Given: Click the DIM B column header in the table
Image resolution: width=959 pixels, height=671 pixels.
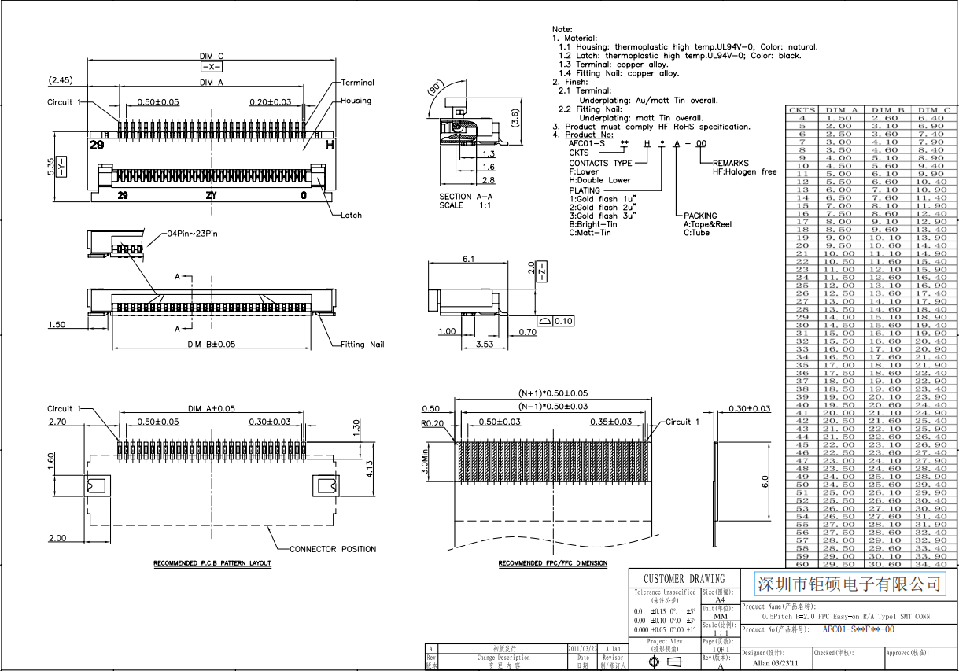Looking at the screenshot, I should (887, 109).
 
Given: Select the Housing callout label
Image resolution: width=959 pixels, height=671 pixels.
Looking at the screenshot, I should (356, 101).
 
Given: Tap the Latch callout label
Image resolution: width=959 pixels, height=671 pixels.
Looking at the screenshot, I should (351, 215).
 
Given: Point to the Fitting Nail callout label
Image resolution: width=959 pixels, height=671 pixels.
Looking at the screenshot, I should (363, 345).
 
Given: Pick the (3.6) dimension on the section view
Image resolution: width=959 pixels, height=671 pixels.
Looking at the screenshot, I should (515, 118).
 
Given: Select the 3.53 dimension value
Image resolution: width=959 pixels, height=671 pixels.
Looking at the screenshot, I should (485, 344).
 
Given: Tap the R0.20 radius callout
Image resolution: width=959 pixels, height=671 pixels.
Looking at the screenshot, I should (433, 423).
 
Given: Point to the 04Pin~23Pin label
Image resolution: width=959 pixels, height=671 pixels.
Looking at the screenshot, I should (192, 234).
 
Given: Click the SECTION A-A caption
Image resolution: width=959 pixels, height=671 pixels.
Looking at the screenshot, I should (467, 197).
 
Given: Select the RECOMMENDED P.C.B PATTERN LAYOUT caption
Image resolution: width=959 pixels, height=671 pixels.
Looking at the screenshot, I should (212, 563).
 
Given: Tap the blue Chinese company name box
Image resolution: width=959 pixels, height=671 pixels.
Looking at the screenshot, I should (848, 584).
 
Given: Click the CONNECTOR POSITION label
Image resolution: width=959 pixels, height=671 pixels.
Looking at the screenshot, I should (333, 549).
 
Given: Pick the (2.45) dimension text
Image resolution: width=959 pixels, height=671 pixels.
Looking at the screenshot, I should (61, 80).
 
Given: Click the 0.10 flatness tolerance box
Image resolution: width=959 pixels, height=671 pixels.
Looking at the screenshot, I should (563, 321).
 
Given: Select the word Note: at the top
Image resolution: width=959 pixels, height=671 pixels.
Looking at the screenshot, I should (562, 29).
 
